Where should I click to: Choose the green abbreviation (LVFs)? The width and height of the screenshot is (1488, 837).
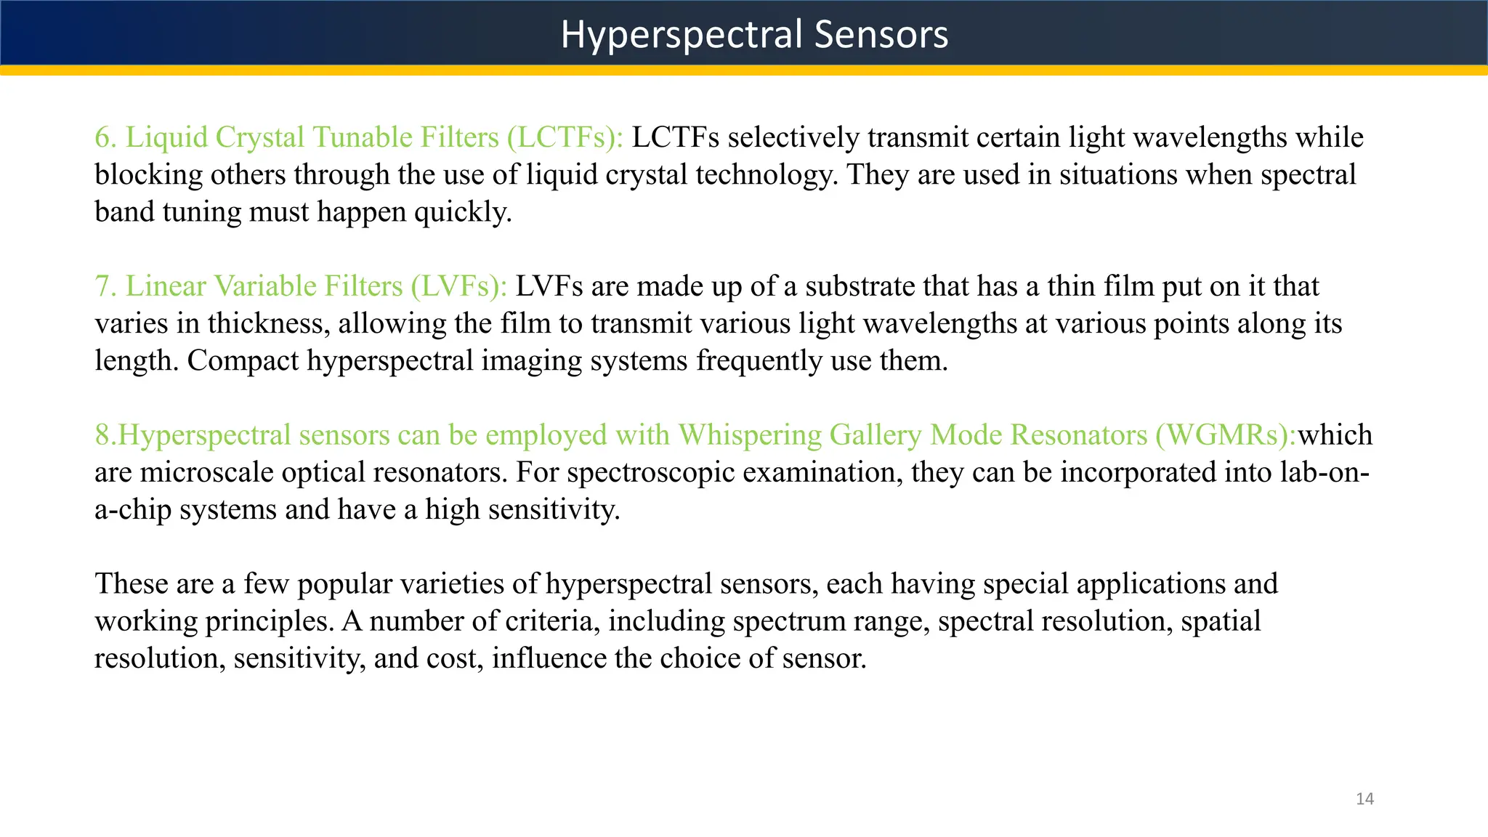[458, 286]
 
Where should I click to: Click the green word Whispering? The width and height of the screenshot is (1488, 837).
[749, 435]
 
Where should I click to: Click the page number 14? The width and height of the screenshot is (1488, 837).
[1364, 799]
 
